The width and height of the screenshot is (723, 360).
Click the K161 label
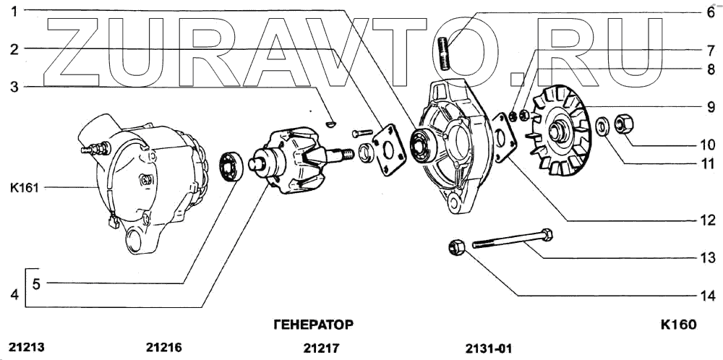(x=24, y=187)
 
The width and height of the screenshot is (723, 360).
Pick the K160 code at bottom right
(x=678, y=325)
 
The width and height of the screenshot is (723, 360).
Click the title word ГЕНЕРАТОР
(x=314, y=324)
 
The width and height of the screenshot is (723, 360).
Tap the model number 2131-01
(x=489, y=348)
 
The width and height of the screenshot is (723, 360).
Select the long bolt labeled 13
(x=513, y=239)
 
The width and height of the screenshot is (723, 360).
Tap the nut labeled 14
(x=456, y=247)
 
